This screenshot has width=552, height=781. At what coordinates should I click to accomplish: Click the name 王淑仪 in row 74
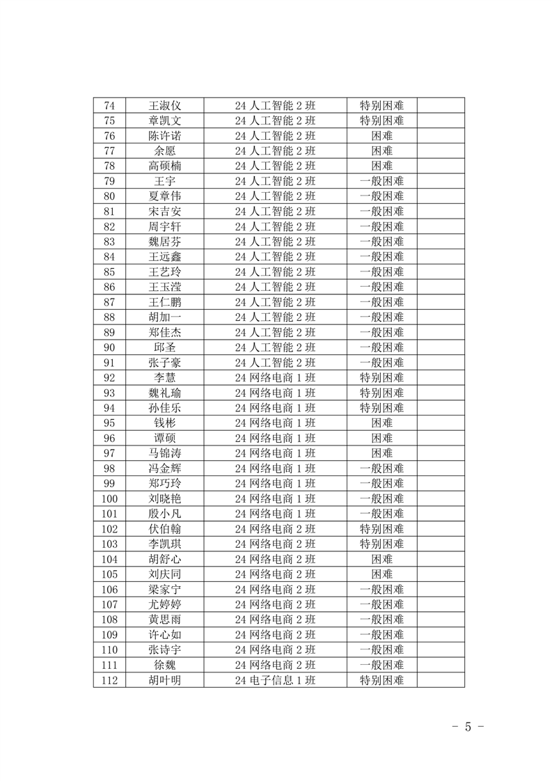pos(165,106)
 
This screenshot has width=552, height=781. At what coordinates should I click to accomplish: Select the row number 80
pos(109,196)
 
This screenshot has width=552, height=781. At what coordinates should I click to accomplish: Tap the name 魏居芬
pos(165,242)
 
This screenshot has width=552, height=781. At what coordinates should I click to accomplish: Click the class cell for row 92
pos(275,378)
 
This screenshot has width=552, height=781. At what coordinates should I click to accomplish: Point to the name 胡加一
pos(165,317)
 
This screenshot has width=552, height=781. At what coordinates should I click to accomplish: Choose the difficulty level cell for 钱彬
pos(381,423)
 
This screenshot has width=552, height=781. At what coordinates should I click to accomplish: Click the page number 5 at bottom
pos(468,727)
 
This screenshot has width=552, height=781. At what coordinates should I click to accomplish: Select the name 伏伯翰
pos(165,529)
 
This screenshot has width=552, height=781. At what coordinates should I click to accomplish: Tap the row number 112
pos(109,681)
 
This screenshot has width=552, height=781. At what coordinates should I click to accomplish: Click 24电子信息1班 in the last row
pos(275,681)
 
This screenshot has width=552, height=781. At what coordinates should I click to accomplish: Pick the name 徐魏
pos(165,665)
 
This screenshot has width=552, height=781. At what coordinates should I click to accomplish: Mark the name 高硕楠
pos(165,166)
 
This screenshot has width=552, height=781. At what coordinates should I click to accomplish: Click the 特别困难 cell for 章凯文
pos(381,121)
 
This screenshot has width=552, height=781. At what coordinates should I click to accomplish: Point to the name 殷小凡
pos(165,514)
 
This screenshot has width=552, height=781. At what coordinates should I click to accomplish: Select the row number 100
pos(109,499)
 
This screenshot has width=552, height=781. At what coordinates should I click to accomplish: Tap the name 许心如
pos(165,635)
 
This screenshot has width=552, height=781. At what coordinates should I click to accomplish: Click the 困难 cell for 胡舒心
pos(381,560)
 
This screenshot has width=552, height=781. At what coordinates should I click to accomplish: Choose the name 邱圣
pos(165,347)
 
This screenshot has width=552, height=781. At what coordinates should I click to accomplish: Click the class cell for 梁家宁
pos(275,590)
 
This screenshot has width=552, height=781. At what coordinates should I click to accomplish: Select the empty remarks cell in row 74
pos(441,106)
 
